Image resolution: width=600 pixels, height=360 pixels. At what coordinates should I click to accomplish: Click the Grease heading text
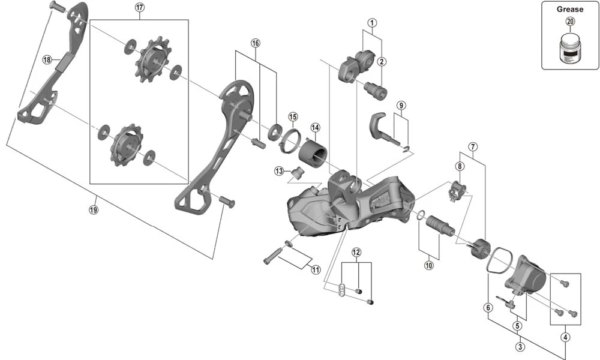pyautogui.click(x=569, y=9)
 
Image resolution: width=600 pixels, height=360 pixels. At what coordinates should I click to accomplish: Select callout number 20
pyautogui.click(x=569, y=22)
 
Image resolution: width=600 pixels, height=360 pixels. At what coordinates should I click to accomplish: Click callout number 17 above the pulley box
pyautogui.click(x=140, y=8)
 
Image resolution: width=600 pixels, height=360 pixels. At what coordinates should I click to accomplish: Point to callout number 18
pyautogui.click(x=47, y=59)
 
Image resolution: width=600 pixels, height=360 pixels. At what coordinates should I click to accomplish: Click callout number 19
pyautogui.click(x=93, y=209)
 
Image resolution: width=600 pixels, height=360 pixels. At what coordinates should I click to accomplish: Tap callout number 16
pyautogui.click(x=256, y=43)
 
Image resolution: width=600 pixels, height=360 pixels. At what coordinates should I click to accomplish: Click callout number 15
pyautogui.click(x=293, y=116)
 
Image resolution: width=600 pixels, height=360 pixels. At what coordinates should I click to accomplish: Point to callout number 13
pyautogui.click(x=278, y=171)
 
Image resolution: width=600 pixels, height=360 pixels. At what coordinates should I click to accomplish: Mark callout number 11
pyautogui.click(x=316, y=269)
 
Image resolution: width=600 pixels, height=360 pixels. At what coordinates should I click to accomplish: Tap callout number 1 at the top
pyautogui.click(x=372, y=24)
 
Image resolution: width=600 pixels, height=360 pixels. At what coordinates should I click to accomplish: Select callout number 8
pyautogui.click(x=460, y=166)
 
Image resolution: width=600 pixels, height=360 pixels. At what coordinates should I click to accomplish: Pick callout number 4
pyautogui.click(x=565, y=337)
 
